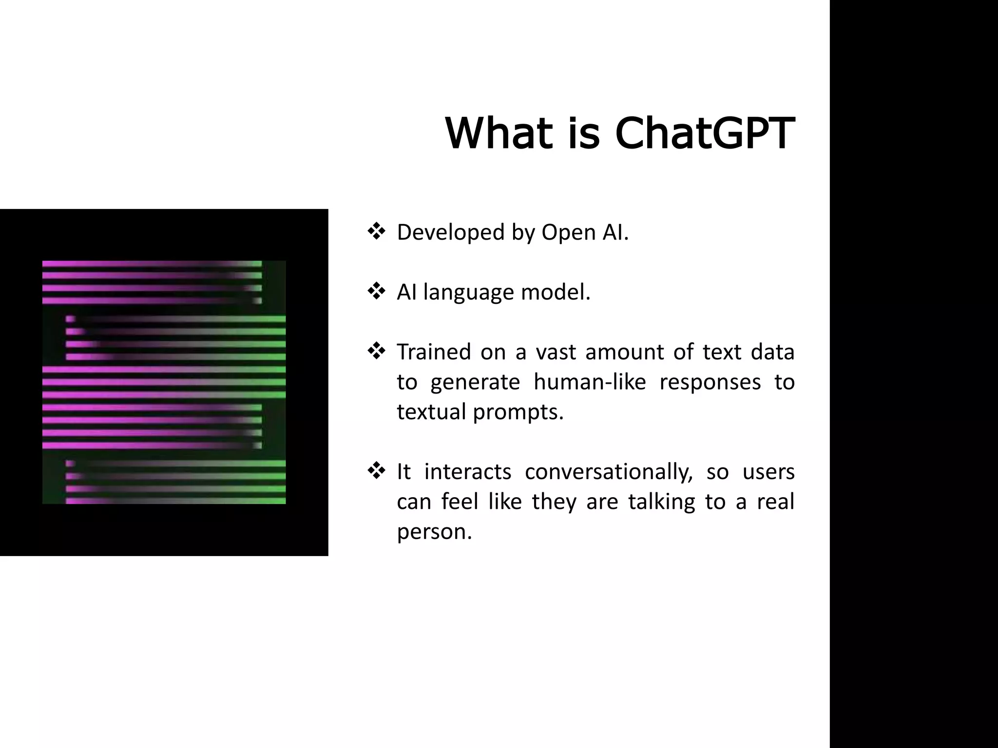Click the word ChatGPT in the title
[705, 133]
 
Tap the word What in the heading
[499, 133]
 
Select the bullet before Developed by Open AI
[376, 231]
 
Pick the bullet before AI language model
[376, 291]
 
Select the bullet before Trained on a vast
[376, 351]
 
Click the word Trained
[434, 352]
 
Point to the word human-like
[590, 382]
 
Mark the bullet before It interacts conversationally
[376, 471]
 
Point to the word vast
[554, 352]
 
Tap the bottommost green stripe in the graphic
[219, 501]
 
